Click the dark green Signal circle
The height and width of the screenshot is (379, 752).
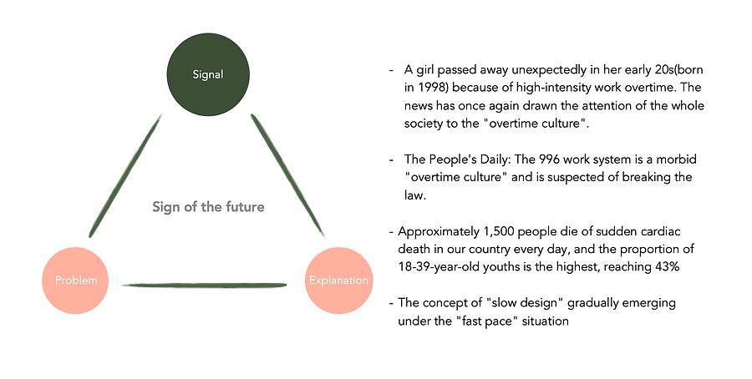tap(208, 73)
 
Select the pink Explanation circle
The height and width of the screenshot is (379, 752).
tap(338, 280)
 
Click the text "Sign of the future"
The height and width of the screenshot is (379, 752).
tap(208, 207)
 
